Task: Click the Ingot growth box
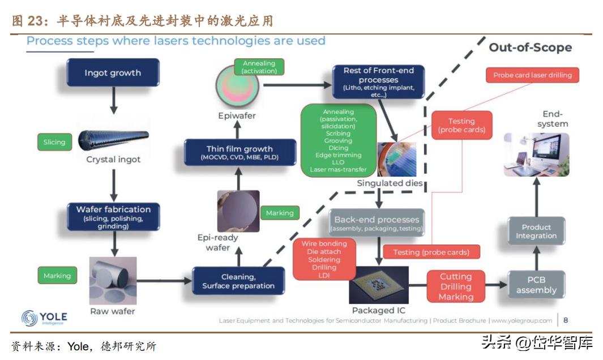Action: (113, 72)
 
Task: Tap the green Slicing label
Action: (54, 142)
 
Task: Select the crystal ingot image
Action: (113, 138)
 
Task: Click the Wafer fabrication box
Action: (113, 217)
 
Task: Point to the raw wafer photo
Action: (113, 281)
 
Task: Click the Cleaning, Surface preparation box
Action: (238, 281)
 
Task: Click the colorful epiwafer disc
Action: (238, 87)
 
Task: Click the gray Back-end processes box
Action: (377, 223)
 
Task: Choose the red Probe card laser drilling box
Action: (532, 75)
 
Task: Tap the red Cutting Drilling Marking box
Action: (456, 286)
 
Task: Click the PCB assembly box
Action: (536, 285)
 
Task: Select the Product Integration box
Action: (536, 232)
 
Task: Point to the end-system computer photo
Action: (536, 155)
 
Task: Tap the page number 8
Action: (565, 320)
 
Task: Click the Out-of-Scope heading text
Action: (530, 48)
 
